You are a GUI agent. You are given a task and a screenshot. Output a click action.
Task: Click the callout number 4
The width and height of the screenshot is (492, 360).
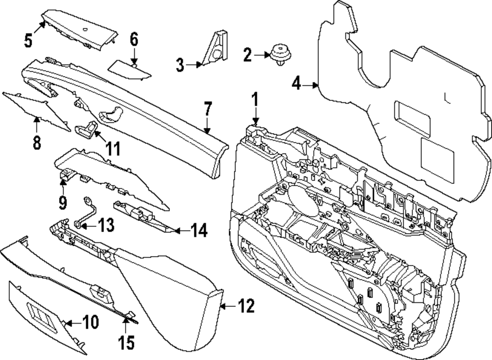point(296,84)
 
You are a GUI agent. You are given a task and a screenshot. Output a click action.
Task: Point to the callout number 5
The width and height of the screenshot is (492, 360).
point(29,40)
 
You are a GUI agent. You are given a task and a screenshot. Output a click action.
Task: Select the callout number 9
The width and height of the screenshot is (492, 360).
point(62,201)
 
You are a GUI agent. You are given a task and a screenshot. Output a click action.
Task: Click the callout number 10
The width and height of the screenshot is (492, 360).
point(91,322)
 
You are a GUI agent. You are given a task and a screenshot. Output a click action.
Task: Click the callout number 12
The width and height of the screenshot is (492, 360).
point(247,306)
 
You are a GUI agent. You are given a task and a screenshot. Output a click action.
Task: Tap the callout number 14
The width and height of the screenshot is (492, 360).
point(199,230)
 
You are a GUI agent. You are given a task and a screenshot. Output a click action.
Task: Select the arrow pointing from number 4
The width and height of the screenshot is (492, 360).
point(310,85)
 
